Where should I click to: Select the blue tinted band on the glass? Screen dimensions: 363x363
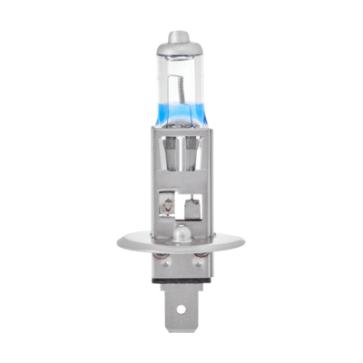(x=181, y=136)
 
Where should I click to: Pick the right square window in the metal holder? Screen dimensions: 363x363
(x=192, y=208)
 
